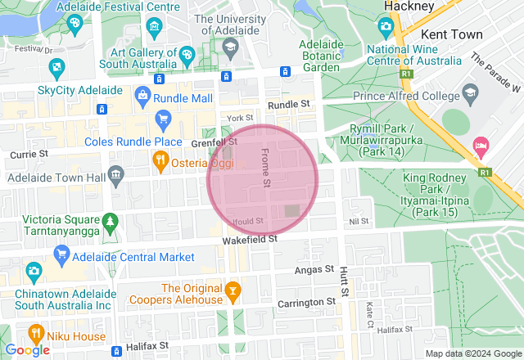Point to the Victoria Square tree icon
[x=109, y=223]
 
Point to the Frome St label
[x=264, y=166]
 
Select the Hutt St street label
[x=344, y=281]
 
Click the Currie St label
[x=29, y=154]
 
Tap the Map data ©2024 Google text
[x=472, y=353]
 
